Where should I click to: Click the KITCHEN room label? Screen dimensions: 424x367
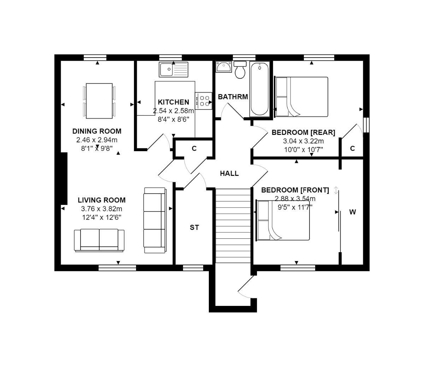173,102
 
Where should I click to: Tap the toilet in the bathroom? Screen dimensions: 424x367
241,70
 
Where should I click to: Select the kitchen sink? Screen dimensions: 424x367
173,69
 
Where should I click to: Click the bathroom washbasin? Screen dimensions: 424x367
223,67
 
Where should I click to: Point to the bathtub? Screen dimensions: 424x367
260,89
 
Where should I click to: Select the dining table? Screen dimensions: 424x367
99,101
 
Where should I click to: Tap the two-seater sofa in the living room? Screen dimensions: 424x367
99,240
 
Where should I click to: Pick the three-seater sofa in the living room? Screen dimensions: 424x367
155,220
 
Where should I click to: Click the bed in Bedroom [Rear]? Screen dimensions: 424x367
301,97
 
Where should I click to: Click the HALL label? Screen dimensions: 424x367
229,173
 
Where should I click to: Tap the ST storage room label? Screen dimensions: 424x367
194,227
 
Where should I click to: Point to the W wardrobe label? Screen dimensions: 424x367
352,212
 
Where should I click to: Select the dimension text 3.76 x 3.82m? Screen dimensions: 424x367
102,209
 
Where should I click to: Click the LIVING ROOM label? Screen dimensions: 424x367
102,200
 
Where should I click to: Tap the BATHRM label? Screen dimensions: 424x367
233,97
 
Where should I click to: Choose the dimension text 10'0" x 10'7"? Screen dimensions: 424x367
304,149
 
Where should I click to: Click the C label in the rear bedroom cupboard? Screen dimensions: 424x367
352,149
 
